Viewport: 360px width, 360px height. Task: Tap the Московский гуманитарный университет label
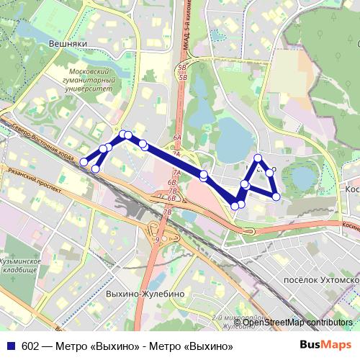91,81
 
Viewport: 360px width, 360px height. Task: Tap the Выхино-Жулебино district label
145,294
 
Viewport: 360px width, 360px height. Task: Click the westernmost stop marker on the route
84,162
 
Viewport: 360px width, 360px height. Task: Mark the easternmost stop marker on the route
276,196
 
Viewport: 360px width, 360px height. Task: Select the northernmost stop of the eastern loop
258,158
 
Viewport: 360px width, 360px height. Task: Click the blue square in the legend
11,346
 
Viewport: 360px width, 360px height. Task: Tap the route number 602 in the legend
31,346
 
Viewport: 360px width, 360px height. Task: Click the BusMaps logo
325,346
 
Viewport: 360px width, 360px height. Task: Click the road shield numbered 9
157,240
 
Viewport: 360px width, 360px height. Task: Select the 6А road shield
176,137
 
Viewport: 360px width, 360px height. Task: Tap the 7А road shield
176,173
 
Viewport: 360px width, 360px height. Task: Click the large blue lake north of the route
233,133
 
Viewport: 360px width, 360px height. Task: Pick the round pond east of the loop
303,176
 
